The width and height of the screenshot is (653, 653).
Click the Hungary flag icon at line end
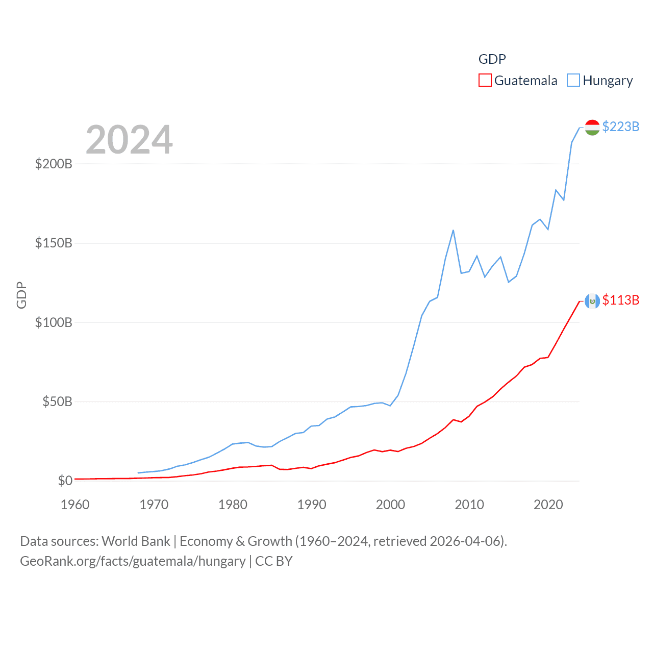pos(592,128)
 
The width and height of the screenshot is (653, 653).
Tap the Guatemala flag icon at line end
pos(592,301)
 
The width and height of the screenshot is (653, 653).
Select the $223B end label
pos(620,127)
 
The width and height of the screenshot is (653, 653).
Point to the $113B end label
pos(620,300)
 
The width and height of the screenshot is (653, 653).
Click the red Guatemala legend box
pos(485,81)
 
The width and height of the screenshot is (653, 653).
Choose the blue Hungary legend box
pos(573,81)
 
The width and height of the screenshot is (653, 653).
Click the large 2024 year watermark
pos(129,140)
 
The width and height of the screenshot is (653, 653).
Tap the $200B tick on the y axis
pos(54,164)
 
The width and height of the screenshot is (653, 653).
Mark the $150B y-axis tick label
pos(54,243)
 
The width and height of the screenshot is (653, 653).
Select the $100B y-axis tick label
pos(54,322)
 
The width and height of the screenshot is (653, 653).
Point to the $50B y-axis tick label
pos(57,401)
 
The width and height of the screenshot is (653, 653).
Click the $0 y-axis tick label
pos(65,481)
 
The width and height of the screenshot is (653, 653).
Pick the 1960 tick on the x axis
pos(75,505)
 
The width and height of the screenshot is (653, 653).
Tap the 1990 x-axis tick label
pos(312,505)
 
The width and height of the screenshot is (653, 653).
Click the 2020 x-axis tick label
pos(548,505)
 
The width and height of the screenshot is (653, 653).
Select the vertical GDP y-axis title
pos(21,295)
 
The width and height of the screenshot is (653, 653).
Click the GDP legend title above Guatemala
pos(492,59)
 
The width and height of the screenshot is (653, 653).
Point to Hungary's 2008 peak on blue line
pos(453,230)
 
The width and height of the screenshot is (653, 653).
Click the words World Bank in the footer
pos(136,541)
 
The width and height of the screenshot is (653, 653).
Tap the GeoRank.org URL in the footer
pos(133,561)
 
